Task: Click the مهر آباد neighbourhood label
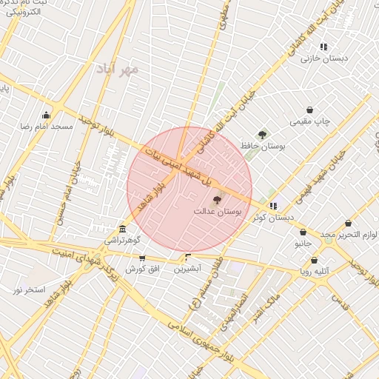[x=117, y=69]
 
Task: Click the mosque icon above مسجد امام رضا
[x=47, y=115]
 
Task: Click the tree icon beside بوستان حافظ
[x=262, y=135]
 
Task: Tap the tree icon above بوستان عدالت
[x=217, y=199]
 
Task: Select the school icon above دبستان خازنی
[x=323, y=47]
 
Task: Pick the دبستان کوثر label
[x=273, y=218]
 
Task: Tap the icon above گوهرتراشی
[x=122, y=229]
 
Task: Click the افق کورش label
[x=141, y=269]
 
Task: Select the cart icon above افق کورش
[x=141, y=258]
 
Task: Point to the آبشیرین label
[x=187, y=269]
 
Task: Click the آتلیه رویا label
[x=315, y=272]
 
